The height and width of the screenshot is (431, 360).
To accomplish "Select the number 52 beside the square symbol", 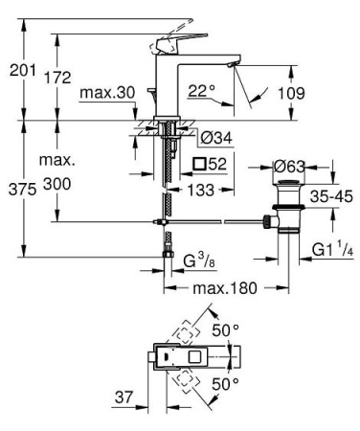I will tap(215, 165).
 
